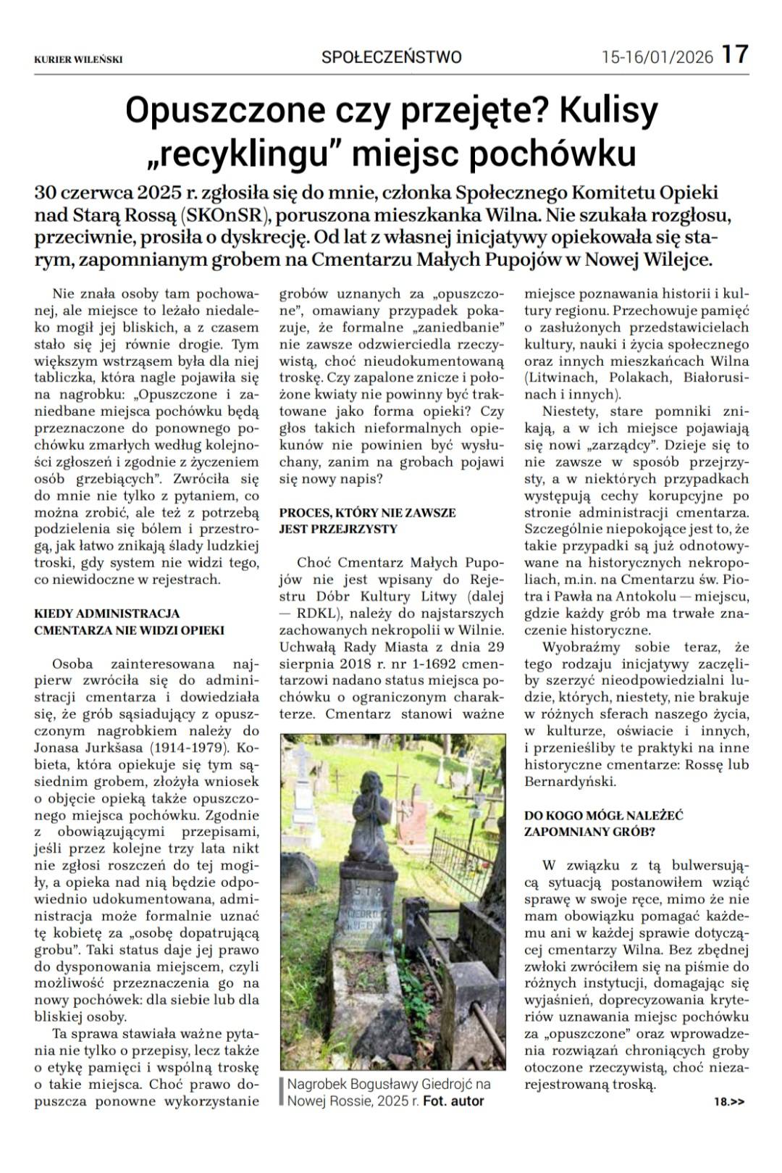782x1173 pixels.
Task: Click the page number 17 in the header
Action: click(734, 54)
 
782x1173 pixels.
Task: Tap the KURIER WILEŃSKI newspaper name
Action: click(78, 59)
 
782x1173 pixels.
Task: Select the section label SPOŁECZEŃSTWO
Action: click(391, 57)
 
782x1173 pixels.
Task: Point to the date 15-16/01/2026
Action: click(657, 57)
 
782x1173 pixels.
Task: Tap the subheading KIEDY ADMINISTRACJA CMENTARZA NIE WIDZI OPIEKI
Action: click(129, 622)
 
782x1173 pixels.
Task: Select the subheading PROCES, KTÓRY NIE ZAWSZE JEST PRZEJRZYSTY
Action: click(368, 520)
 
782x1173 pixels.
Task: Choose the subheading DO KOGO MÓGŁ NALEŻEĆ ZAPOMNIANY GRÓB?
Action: click(604, 823)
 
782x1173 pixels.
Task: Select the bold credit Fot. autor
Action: click(453, 1101)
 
